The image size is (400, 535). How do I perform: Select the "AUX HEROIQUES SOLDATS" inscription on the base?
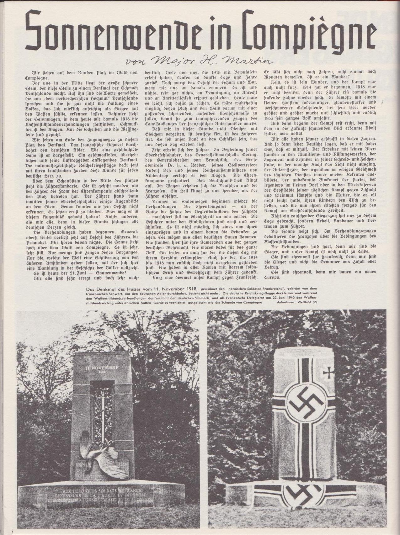click(x=94, y=489)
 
